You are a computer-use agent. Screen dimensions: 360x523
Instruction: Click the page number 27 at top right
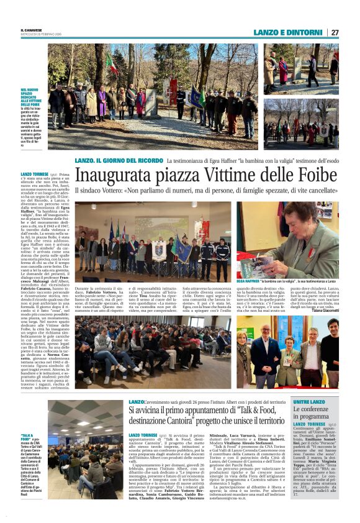[x=335, y=32]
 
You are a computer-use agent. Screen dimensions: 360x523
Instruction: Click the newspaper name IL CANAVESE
[x=31, y=29]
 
